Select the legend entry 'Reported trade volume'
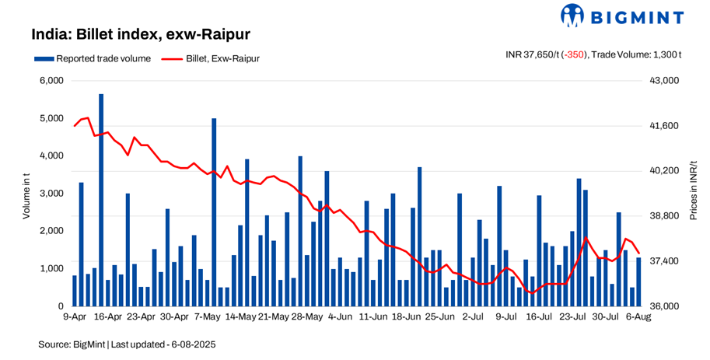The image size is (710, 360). tap(98, 58)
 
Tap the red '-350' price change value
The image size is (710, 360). tap(575, 54)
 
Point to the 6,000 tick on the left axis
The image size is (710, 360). tap(51, 81)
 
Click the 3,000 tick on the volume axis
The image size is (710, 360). tap(51, 194)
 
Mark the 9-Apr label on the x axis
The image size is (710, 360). tap(74, 317)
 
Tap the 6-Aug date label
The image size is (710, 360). tap(638, 317)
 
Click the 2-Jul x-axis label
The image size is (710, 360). tap(473, 317)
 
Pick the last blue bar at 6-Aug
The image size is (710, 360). tap(639, 281)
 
